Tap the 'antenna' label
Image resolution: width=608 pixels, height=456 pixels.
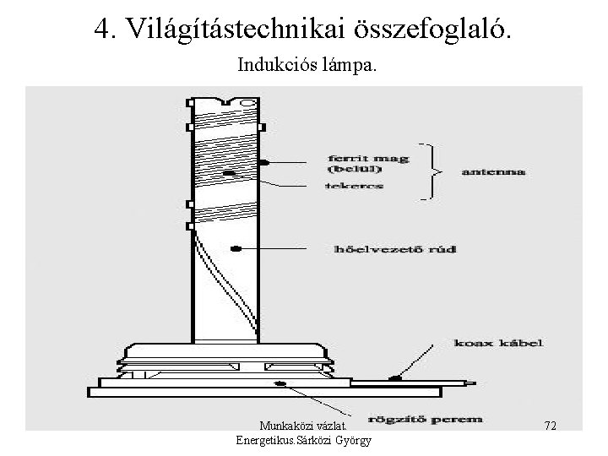tap(492, 171)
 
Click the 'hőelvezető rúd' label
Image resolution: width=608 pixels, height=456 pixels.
tap(391, 250)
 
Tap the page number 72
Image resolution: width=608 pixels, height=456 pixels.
tap(550, 425)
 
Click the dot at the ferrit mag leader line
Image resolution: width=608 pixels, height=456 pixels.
tap(263, 161)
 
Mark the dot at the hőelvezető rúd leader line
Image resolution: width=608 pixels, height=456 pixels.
tap(236, 248)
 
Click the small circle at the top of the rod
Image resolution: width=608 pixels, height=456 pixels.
tap(247, 104)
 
